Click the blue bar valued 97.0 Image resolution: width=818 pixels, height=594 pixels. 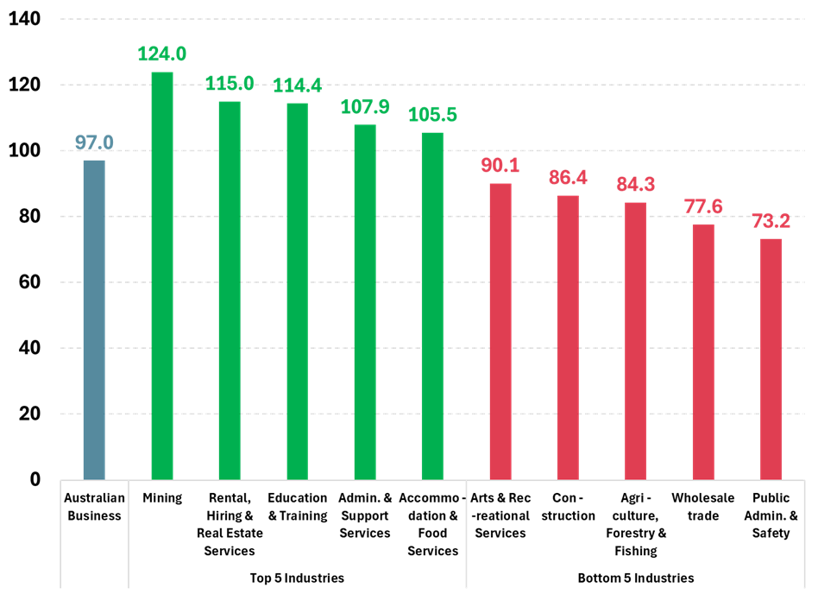point(94,319)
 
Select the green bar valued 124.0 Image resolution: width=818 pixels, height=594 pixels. point(162,275)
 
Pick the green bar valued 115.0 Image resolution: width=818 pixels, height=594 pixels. point(230,290)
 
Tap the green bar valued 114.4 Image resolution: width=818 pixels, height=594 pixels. point(297,291)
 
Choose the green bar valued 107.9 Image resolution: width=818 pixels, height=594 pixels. point(365,302)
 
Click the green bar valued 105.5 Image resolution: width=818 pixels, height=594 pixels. point(432,306)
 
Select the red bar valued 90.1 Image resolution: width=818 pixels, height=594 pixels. point(500,331)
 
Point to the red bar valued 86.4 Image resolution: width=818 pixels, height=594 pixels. point(568,337)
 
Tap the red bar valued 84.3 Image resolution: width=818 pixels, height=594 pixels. point(636,340)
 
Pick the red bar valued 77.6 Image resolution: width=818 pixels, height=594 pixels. point(703,351)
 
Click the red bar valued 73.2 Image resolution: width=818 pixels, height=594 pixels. point(771,358)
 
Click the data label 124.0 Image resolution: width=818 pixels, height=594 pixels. point(162,54)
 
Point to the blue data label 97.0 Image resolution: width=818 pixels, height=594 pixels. point(94,142)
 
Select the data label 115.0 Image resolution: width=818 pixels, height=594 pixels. point(230,84)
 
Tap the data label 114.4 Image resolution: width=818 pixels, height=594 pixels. point(297,85)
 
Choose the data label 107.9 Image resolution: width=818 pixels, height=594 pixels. point(365,107)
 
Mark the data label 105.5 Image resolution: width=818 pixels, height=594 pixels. point(432,115)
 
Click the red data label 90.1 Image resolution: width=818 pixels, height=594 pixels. point(500,166)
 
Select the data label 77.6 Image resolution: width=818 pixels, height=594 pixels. point(703,207)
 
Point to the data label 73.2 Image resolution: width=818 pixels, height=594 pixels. point(771,222)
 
